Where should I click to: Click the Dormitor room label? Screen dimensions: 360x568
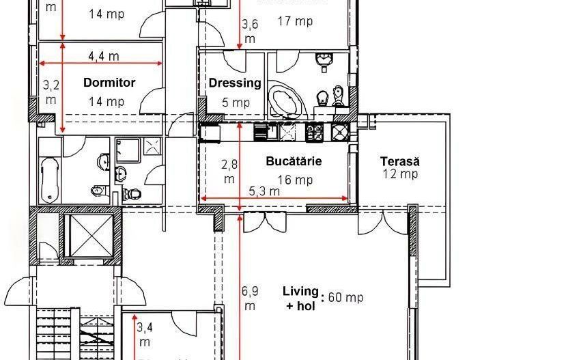109,83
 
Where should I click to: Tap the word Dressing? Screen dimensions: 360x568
235,83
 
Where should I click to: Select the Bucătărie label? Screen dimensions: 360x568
294,162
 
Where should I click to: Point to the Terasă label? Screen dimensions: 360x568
399,162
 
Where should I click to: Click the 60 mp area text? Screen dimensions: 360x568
345,297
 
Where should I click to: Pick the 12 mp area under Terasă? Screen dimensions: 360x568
399,174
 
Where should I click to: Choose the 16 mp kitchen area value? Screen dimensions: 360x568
295,180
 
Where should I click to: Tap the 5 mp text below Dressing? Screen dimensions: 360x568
236,103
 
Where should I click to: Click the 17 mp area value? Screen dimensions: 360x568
295,21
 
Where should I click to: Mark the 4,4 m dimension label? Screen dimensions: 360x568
104,56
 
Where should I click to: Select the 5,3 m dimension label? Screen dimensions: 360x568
264,191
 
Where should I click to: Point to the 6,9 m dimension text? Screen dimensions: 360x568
250,298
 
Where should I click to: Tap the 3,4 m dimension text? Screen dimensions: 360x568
145,334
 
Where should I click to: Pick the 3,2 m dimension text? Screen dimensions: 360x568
51,92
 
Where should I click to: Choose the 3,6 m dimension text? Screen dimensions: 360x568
250,31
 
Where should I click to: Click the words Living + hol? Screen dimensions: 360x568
300,299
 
